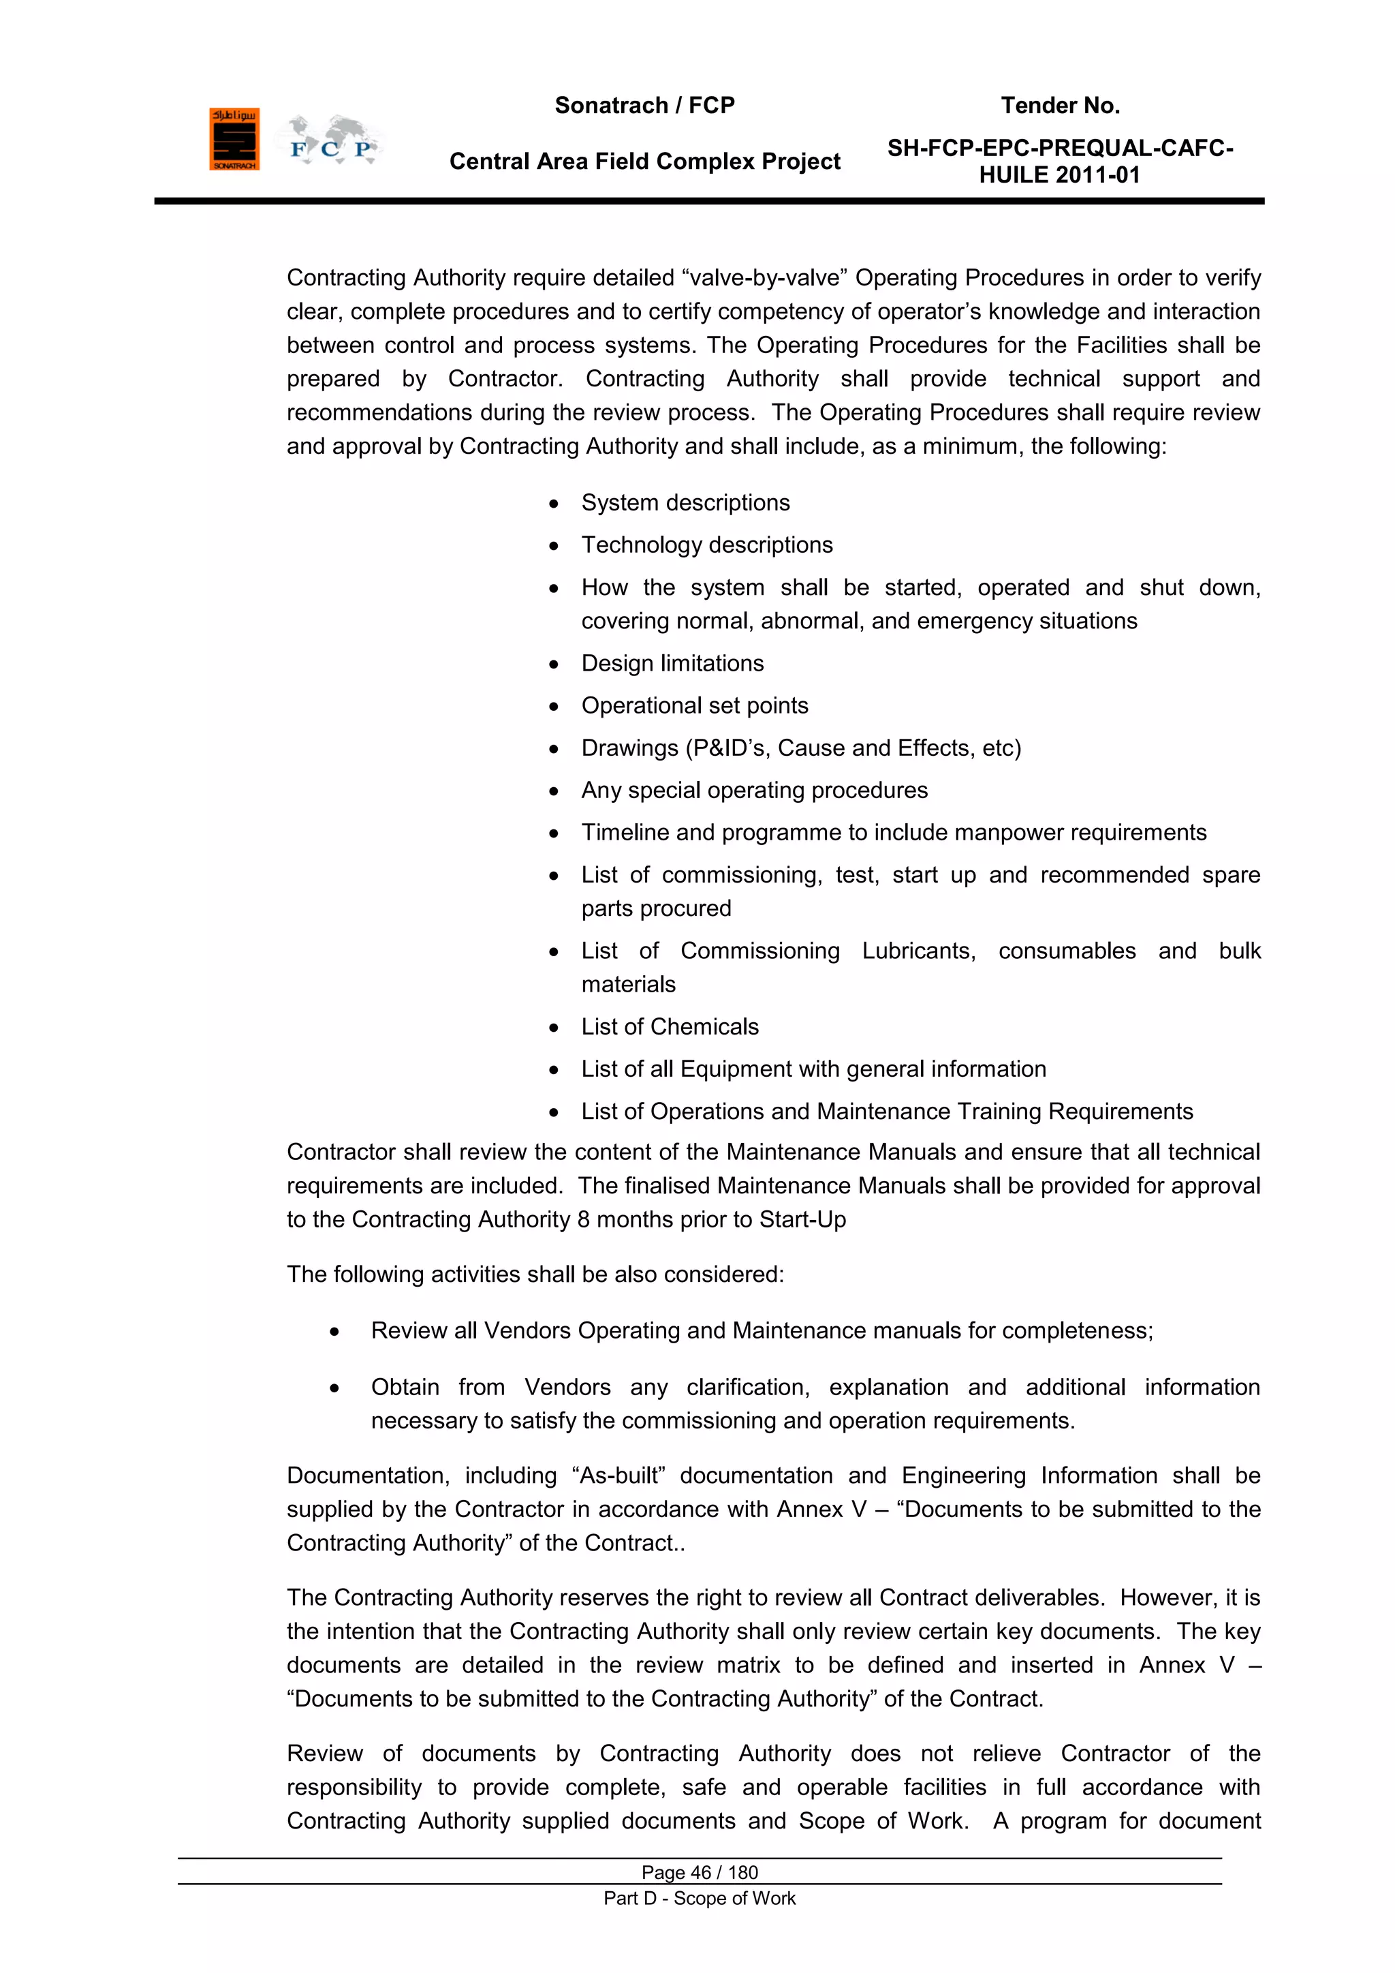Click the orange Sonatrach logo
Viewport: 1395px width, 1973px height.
click(x=234, y=139)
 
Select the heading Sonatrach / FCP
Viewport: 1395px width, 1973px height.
click(x=644, y=106)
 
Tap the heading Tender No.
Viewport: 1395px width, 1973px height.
click(x=1060, y=106)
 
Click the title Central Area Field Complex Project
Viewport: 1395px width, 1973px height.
click(x=644, y=162)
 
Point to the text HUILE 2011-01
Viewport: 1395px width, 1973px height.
click(x=1059, y=175)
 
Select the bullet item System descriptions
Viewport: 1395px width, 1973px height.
click(x=685, y=503)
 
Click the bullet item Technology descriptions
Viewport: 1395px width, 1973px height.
click(x=706, y=545)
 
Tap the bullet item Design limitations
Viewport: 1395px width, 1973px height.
click(x=672, y=663)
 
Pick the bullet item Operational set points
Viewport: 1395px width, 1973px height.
click(x=694, y=705)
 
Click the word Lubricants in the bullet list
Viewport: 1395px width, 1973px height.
click(x=918, y=951)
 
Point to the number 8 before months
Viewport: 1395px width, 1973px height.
click(x=583, y=1219)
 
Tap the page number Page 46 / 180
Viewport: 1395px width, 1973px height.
click(x=700, y=1872)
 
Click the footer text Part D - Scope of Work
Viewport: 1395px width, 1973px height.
click(x=700, y=1898)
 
